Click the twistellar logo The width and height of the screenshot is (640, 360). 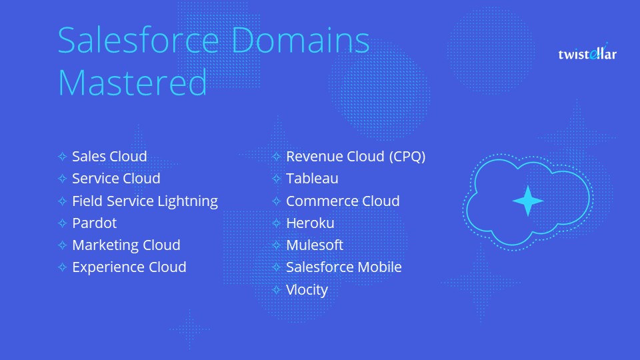pos(587,53)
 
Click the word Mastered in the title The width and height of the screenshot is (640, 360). pos(133,83)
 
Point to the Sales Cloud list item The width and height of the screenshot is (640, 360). pos(109,157)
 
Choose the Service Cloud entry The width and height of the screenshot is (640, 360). pos(116,179)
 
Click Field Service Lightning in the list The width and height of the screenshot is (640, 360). pos(145,201)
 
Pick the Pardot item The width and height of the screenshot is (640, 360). pos(94,223)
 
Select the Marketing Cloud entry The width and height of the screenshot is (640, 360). pos(126,245)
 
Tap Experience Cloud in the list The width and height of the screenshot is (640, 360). pos(129,267)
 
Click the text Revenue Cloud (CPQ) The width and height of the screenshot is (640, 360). pos(355,157)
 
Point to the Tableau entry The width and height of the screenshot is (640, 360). pos(312,179)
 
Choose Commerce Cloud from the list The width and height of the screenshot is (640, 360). pos(343,201)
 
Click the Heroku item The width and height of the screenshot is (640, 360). pos(310,223)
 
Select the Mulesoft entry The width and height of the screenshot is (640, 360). pos(314,245)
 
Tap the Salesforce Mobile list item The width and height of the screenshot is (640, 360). pos(343,267)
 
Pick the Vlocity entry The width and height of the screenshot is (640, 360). pos(307,289)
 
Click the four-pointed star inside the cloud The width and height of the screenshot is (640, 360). pos(527,201)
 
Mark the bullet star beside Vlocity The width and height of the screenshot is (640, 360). pos(276,290)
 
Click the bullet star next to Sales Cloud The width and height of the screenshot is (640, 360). pos(62,157)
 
